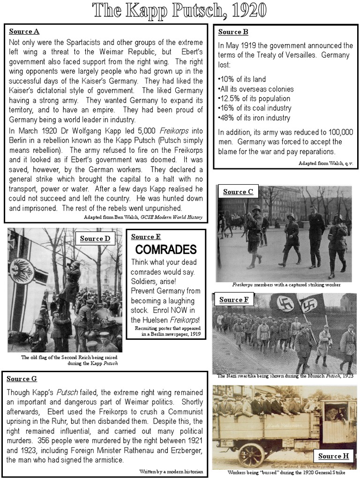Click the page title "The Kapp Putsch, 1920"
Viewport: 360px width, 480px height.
[180, 10]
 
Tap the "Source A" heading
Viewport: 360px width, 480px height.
[24, 32]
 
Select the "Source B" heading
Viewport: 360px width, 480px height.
[233, 32]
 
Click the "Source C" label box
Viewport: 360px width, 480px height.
[238, 192]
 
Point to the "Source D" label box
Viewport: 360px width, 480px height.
[95, 239]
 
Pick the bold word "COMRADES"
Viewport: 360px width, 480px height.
[159, 249]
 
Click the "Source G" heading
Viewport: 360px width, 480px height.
[22, 379]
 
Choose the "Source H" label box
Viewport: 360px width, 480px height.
[334, 456]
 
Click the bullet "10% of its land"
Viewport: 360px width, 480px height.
[241, 79]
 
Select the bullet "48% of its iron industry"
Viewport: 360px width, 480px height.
[254, 118]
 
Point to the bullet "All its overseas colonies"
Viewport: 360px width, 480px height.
[256, 89]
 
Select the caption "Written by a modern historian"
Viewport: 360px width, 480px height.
[171, 471]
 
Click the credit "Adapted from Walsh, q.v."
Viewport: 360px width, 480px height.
[325, 163]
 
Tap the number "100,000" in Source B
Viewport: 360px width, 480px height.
[337, 132]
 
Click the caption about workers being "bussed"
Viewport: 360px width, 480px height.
[284, 472]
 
